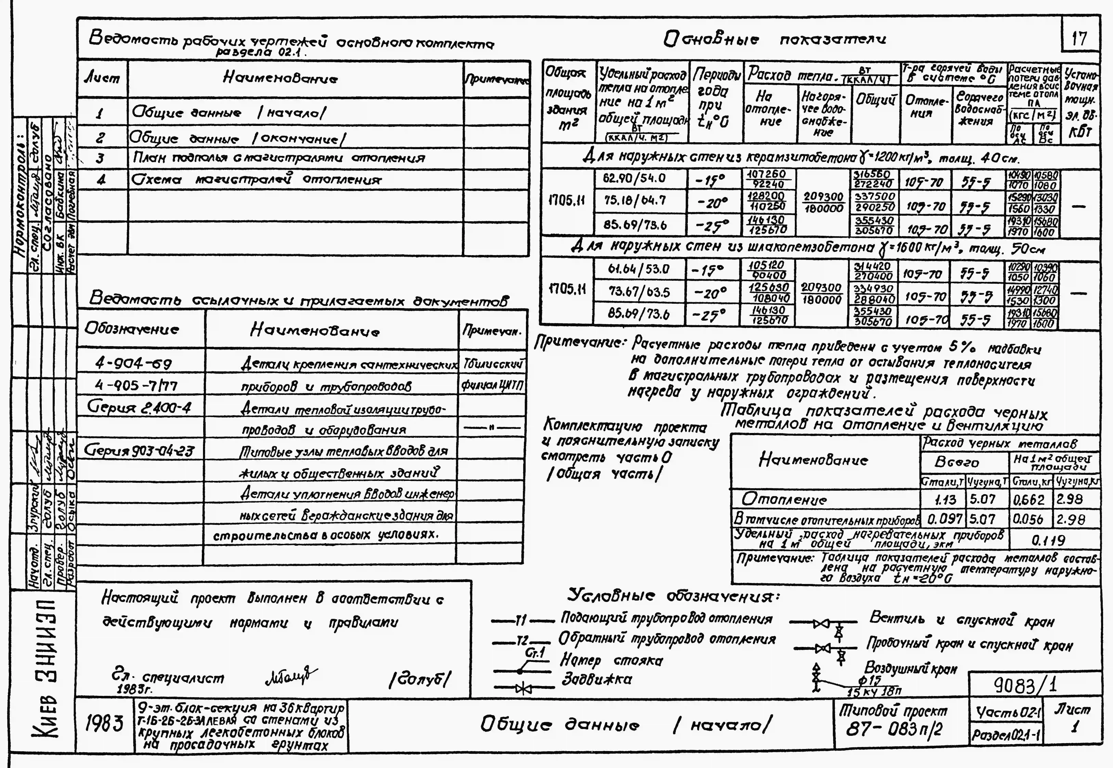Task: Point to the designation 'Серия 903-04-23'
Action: point(140,451)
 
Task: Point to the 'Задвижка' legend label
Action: point(597,679)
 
